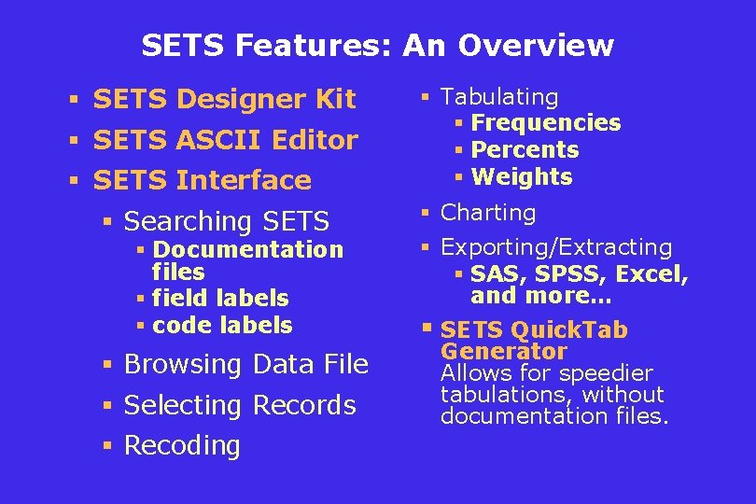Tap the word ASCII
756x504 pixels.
click(220, 140)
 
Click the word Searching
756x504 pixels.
click(188, 221)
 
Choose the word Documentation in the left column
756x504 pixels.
click(248, 250)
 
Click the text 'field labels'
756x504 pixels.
click(220, 299)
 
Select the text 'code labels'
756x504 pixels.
click(222, 326)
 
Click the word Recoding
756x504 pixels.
click(182, 446)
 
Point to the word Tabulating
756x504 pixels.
click(499, 97)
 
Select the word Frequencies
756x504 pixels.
click(546, 123)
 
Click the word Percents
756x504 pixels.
click(525, 150)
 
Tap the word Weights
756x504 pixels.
click(522, 177)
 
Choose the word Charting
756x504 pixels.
click(488, 213)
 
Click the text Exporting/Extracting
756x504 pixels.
click(556, 247)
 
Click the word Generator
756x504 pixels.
click(504, 352)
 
